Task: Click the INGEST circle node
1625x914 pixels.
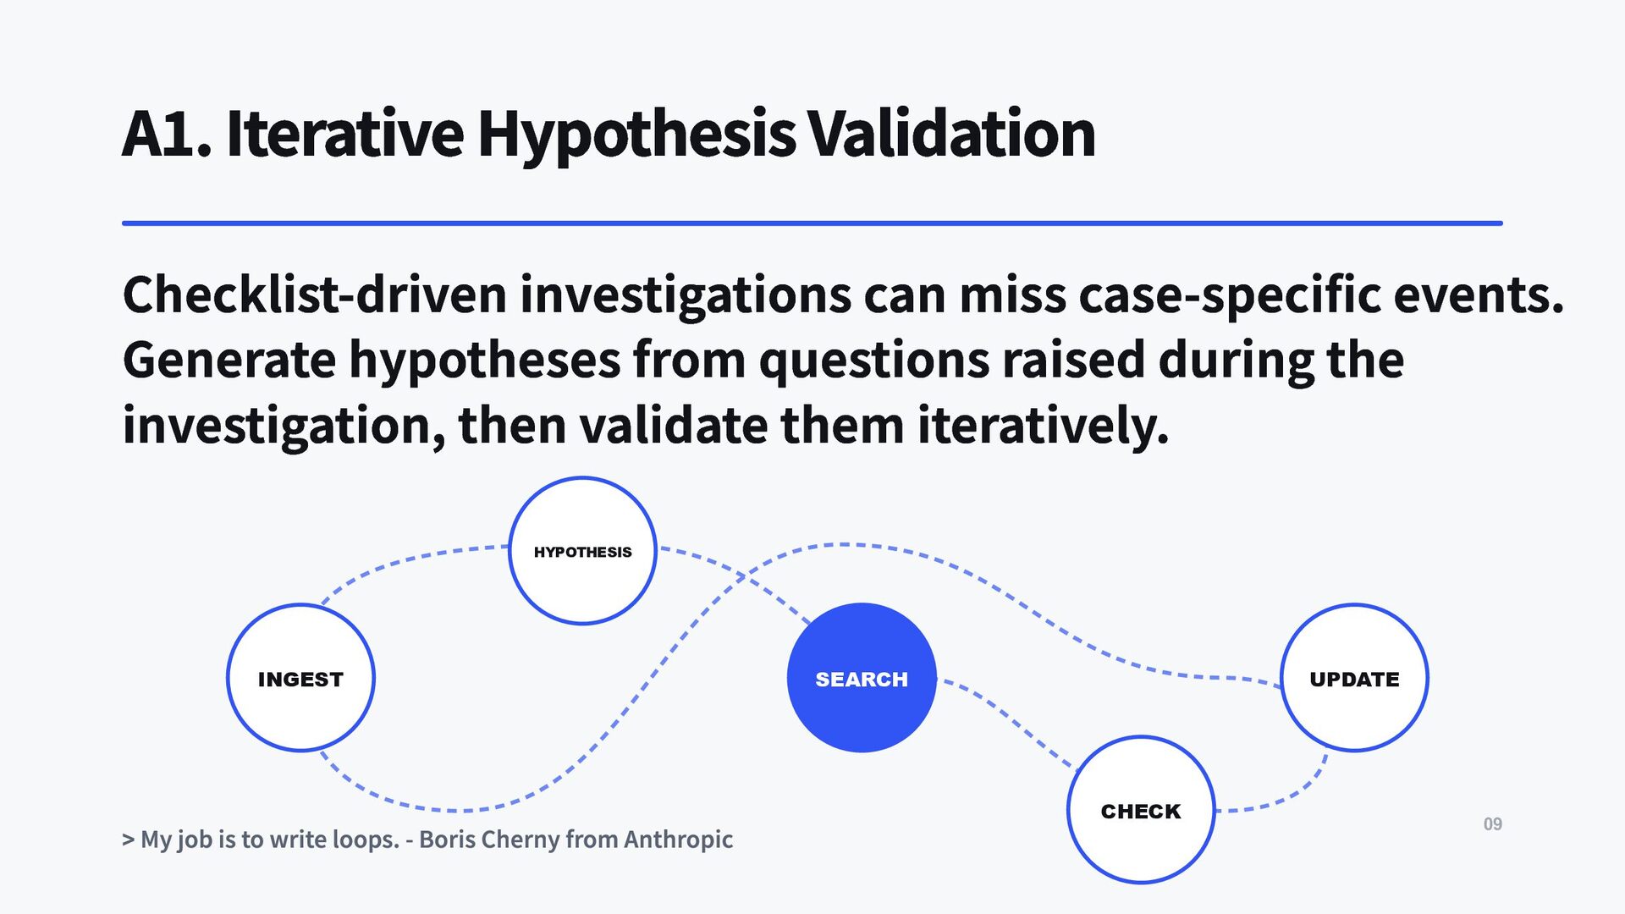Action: [x=300, y=678]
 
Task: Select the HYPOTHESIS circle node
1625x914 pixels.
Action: [x=582, y=551]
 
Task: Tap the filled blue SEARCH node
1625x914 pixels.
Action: [x=862, y=678]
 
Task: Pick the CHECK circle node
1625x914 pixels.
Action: [x=1141, y=810]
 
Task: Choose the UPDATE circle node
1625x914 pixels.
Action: [x=1354, y=678]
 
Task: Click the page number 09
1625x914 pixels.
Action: [x=1493, y=824]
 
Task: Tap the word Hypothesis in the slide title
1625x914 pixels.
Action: [x=636, y=135]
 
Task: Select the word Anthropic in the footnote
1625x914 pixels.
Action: [x=678, y=840]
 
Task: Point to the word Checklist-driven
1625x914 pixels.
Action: [x=315, y=295]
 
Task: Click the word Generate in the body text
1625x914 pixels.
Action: [x=229, y=360]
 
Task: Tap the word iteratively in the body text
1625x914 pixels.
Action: [x=1043, y=426]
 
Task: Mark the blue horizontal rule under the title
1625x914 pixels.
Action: [x=812, y=223]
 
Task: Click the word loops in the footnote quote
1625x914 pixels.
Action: [x=365, y=840]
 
